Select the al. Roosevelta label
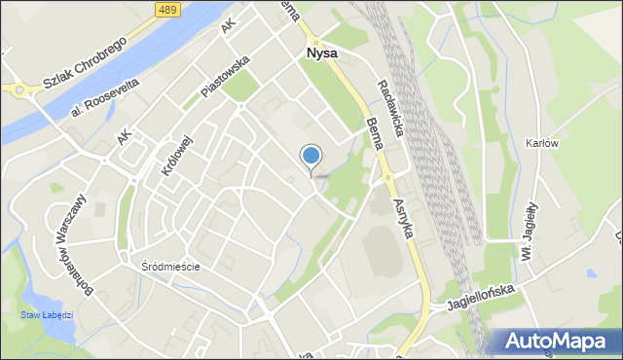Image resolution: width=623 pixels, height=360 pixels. pyautogui.click(x=104, y=99)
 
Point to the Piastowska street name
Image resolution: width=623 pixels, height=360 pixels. pyautogui.click(x=226, y=75)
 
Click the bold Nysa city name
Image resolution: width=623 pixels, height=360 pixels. pyautogui.click(x=321, y=54)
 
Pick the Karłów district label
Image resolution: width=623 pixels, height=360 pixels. pyautogui.click(x=541, y=142)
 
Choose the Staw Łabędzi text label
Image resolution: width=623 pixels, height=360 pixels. pyautogui.click(x=47, y=316)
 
